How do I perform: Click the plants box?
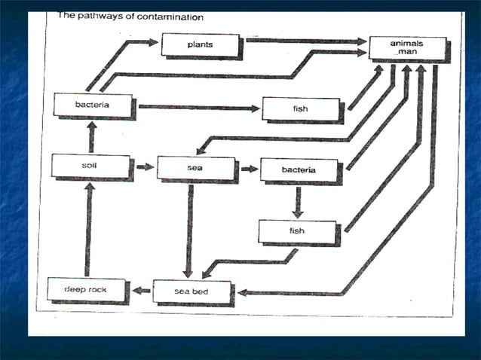(x=200, y=45)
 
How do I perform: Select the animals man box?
(x=406, y=47)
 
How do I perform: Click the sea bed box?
(x=191, y=290)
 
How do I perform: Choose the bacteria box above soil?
(x=93, y=105)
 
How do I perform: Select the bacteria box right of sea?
(x=299, y=169)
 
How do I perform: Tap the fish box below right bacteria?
(x=297, y=230)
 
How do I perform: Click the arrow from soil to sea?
(x=143, y=166)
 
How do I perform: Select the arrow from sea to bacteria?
(x=248, y=169)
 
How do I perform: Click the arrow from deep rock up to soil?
(x=87, y=230)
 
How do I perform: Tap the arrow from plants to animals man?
(x=305, y=40)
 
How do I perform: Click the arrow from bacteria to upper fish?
(x=199, y=107)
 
